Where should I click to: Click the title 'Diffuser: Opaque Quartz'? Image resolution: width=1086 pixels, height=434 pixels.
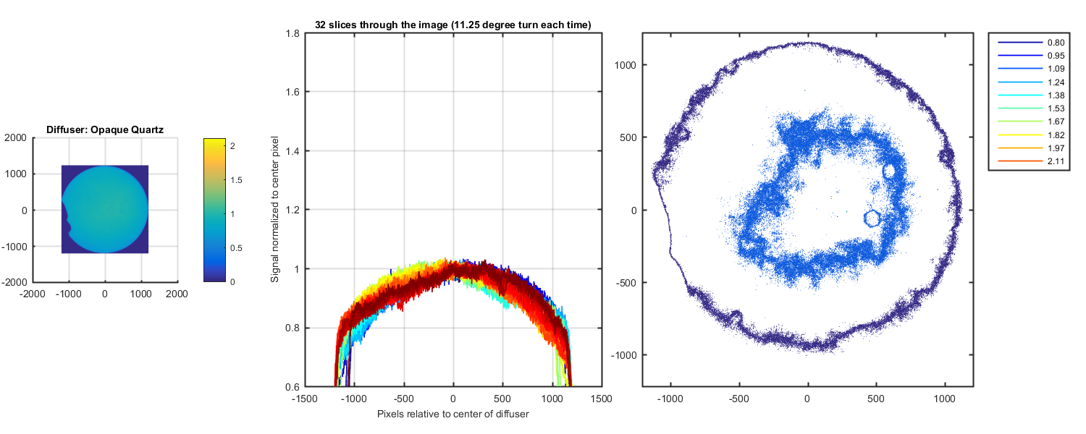tap(105, 130)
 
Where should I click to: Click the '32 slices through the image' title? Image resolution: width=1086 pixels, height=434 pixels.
tap(453, 25)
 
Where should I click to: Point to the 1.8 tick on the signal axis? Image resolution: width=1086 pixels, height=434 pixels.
tap(295, 33)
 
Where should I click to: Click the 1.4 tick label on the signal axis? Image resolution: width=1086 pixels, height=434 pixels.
tap(295, 151)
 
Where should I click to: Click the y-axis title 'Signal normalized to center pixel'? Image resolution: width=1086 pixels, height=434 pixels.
tap(275, 210)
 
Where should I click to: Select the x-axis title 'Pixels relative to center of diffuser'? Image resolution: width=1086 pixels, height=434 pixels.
tap(453, 414)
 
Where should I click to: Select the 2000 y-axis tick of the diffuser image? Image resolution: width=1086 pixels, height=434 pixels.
tap(16, 137)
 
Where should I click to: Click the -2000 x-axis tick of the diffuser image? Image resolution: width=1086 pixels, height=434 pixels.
tap(33, 294)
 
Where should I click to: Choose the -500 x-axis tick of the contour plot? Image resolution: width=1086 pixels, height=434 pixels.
tap(738, 399)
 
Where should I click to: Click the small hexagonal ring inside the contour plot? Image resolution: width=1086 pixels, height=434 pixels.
tap(872, 216)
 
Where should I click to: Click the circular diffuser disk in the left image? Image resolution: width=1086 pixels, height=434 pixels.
tap(105, 210)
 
